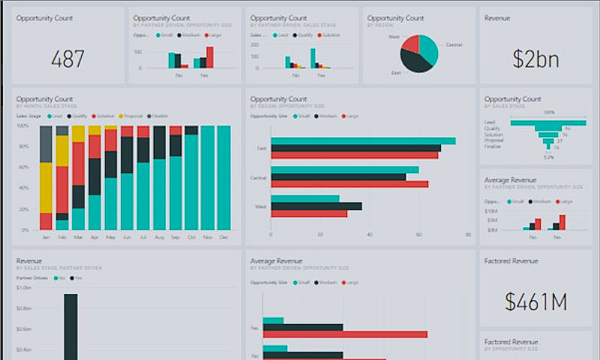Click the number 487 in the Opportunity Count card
click(67, 59)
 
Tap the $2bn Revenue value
click(535, 59)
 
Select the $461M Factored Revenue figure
click(535, 301)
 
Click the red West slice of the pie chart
click(410, 43)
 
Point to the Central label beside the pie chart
click(454, 45)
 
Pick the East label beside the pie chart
click(396, 73)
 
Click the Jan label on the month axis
click(46, 237)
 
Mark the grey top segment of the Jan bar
click(46, 144)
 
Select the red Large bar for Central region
click(349, 184)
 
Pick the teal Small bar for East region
click(363, 141)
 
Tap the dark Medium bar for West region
click(316, 206)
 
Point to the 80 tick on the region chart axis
click(467, 235)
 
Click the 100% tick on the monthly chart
click(22, 126)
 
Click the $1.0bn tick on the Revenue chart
click(23, 287)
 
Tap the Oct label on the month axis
click(191, 237)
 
